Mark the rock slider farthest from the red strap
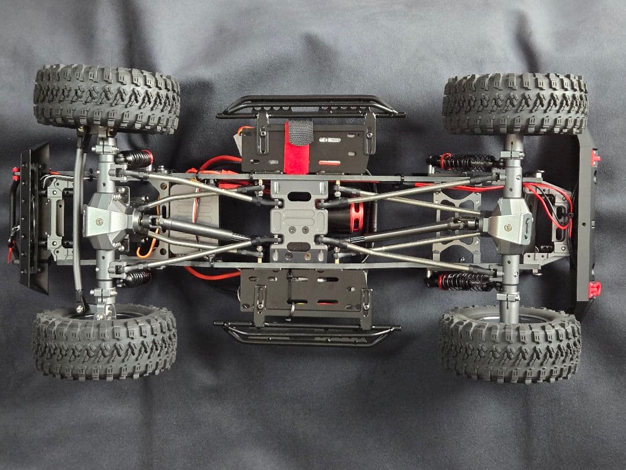307,334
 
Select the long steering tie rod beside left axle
78,220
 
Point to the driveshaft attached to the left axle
191,227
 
